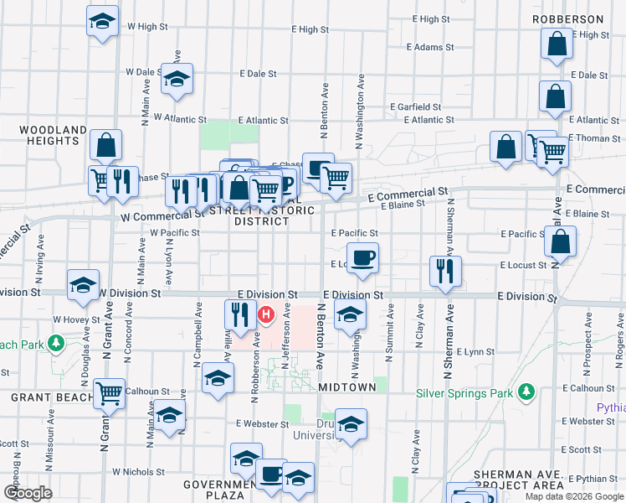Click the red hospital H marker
point(266,316)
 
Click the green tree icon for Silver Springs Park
point(526,392)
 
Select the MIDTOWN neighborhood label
point(346,387)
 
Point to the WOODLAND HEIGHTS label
point(53,135)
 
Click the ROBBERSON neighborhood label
point(572,18)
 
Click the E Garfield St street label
point(416,107)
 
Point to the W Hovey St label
point(71,319)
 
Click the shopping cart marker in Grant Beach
point(109,392)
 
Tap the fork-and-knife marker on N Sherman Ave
point(444,271)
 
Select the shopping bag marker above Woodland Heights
point(106,145)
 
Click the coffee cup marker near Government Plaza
point(270,474)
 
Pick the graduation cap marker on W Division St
point(84,285)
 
